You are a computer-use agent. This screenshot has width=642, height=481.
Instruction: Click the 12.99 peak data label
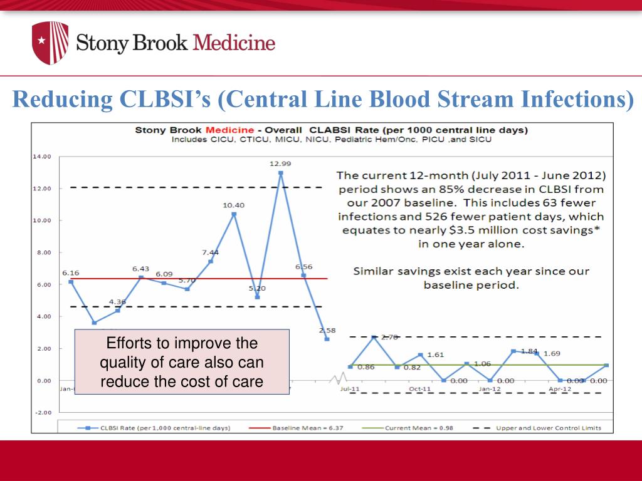tap(280, 163)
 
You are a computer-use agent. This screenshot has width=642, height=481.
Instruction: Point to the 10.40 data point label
tap(233, 205)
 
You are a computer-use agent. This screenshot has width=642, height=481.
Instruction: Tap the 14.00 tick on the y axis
tap(42, 157)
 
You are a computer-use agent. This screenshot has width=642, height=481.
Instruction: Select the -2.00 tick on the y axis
tap(42, 413)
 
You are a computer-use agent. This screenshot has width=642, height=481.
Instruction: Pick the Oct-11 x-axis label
tap(420, 389)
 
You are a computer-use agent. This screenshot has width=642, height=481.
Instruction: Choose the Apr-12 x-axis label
tap(560, 389)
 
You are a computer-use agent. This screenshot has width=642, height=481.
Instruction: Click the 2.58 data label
tap(327, 330)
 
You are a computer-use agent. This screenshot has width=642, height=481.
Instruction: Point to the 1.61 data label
tap(436, 354)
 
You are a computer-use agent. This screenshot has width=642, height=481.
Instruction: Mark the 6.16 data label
tap(70, 273)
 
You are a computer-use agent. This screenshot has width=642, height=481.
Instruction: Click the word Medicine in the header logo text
tap(234, 43)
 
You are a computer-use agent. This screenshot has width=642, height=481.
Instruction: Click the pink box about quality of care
tap(182, 361)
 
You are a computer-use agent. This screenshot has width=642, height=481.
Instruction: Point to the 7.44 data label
tap(211, 252)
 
